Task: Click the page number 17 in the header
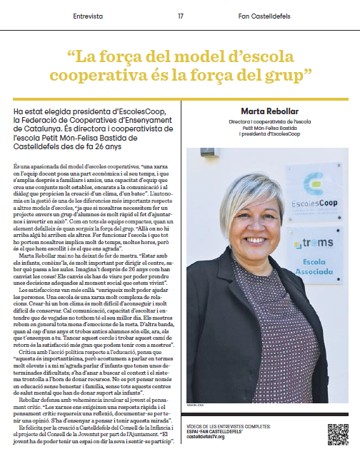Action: click(181, 16)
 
